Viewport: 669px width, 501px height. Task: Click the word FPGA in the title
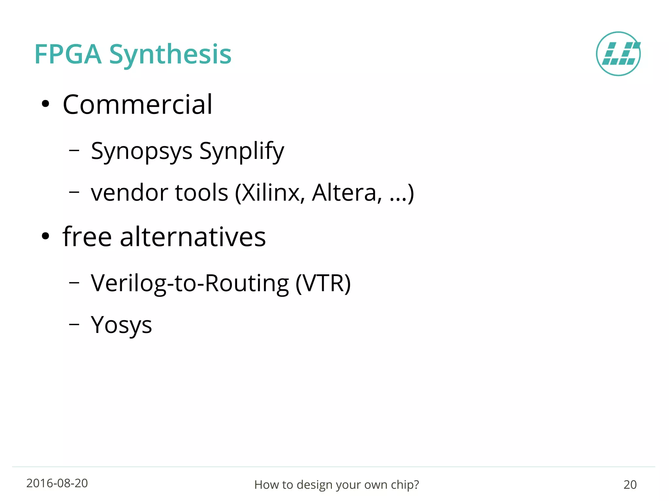68,54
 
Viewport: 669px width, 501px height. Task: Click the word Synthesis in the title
170,55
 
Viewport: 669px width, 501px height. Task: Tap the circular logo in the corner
618,54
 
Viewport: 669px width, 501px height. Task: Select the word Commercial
138,104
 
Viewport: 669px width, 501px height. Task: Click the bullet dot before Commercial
45,104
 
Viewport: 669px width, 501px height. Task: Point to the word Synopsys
141,151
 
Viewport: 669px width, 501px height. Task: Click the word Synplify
242,151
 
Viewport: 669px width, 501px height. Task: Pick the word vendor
129,193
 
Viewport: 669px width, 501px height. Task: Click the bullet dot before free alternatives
45,236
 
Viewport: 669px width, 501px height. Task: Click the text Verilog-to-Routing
189,283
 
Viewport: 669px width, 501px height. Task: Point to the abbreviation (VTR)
323,283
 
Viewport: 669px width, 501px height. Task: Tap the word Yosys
121,325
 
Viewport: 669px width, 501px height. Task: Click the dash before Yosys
74,324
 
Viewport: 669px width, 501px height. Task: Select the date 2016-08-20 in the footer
57,483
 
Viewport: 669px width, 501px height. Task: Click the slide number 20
630,485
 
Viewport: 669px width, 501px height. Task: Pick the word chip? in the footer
405,485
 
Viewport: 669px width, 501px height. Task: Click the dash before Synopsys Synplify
74,150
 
